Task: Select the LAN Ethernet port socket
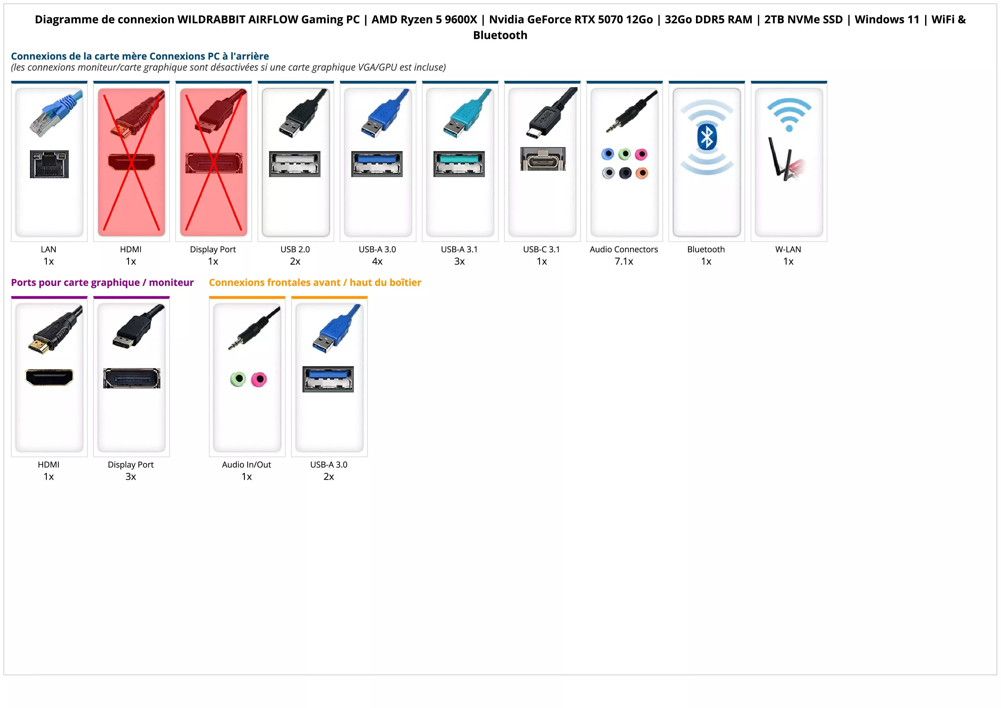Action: pos(49,164)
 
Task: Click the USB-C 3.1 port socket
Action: pos(542,159)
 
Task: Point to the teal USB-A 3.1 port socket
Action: pos(459,164)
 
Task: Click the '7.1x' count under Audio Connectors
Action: pos(624,261)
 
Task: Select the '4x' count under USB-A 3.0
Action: pos(377,261)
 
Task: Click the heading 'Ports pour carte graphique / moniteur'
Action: pos(102,283)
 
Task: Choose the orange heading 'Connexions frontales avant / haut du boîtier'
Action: pos(315,283)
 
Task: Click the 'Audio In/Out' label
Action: pos(246,465)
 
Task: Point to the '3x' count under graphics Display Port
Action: pos(131,476)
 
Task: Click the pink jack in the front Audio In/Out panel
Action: pos(259,379)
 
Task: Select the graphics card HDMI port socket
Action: pos(49,377)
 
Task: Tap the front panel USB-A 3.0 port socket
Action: pos(328,379)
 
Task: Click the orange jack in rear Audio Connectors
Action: pos(642,173)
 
